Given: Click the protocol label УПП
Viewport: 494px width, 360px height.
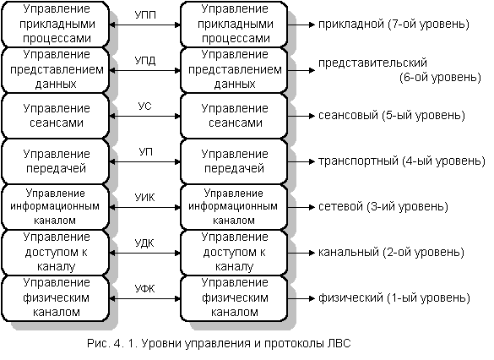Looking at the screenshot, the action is pyautogui.click(x=145, y=15).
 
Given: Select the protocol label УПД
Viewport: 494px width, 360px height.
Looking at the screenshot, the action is pyautogui.click(x=145, y=60).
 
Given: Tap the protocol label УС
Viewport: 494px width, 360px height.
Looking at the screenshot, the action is pyautogui.click(x=145, y=106).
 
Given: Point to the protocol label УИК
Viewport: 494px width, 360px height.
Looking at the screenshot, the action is pyautogui.click(x=145, y=198).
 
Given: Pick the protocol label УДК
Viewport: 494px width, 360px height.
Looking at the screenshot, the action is pyautogui.click(x=144, y=243).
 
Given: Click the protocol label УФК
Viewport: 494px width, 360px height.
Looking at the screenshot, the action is pyautogui.click(x=145, y=288).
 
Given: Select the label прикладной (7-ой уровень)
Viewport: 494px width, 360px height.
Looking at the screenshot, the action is pyautogui.click(x=394, y=24).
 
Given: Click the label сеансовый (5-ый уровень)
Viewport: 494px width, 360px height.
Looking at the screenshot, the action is pyautogui.click(x=392, y=116).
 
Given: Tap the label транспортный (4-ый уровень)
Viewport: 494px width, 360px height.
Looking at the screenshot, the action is pyautogui.click(x=402, y=161).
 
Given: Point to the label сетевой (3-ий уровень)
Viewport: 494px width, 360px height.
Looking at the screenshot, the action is pyautogui.click(x=383, y=207).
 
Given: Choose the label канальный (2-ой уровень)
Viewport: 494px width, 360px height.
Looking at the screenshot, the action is pyautogui.click(x=391, y=252).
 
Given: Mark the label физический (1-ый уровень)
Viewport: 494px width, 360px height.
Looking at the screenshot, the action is pyautogui.click(x=394, y=298).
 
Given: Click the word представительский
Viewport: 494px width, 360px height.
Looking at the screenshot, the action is pyautogui.click(x=372, y=63).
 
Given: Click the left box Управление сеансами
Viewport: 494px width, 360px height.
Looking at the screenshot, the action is pyautogui.click(x=56, y=116).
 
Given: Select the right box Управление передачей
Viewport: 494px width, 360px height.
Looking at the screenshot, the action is pyautogui.click(x=234, y=161).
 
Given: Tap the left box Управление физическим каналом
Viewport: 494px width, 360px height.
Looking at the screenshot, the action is pyautogui.click(x=56, y=298).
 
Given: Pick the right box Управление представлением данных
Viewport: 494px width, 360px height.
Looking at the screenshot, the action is pyautogui.click(x=234, y=70).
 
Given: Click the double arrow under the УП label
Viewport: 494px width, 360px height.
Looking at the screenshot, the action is pyautogui.click(x=145, y=161).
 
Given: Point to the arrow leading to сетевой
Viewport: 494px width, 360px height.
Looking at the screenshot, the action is pyautogui.click(x=301, y=207).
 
